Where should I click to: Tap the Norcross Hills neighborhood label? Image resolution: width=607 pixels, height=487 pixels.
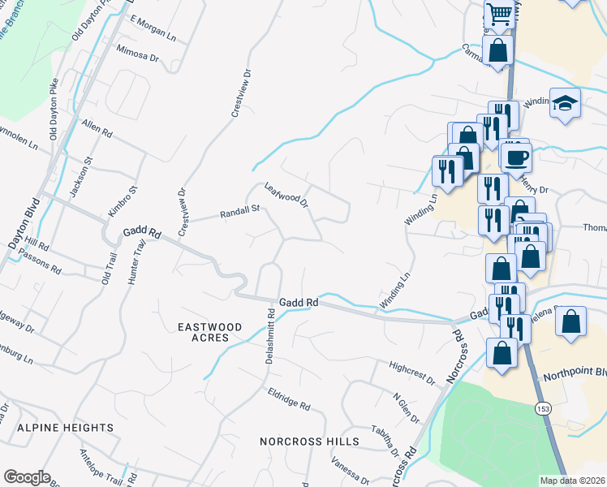click(x=309, y=442)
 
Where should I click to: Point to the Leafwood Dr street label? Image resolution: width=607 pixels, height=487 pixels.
click(x=287, y=195)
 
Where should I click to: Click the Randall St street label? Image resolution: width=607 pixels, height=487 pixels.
click(x=239, y=213)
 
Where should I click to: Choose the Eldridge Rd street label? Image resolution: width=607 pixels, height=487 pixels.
click(x=289, y=399)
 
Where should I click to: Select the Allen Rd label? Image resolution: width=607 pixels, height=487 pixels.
click(x=97, y=128)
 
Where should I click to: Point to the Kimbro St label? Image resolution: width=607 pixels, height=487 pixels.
click(x=123, y=202)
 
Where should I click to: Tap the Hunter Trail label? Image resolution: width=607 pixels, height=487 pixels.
click(x=136, y=261)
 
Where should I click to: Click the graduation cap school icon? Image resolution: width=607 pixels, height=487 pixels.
click(x=565, y=103)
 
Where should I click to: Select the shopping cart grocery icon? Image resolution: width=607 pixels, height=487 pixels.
click(x=499, y=12)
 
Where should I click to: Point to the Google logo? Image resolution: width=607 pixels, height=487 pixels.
click(x=27, y=477)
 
